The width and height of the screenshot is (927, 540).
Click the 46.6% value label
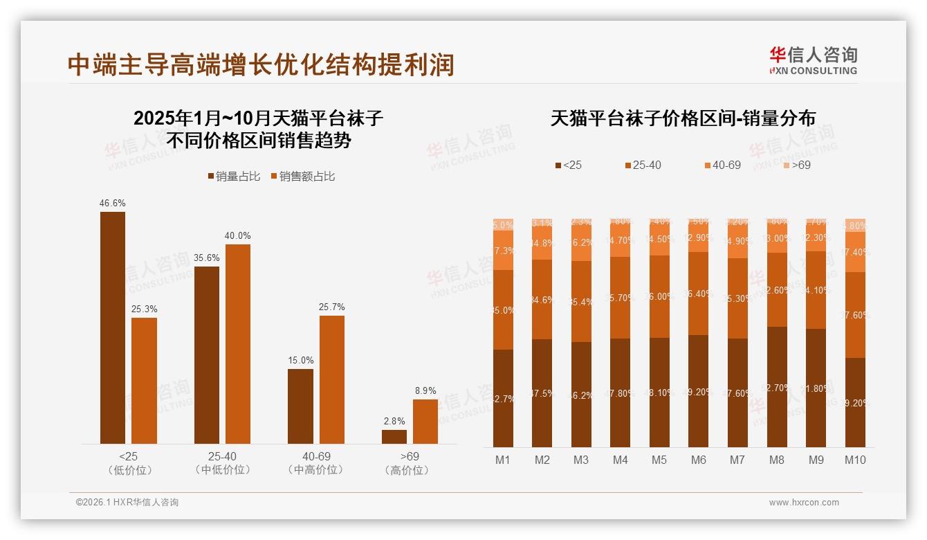coord(113,204)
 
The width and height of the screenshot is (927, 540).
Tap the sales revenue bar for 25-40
coord(238,344)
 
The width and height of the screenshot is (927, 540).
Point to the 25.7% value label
coord(332,307)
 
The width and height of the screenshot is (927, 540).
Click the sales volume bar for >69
coord(394,437)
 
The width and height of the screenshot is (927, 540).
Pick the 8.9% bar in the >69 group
coord(425,422)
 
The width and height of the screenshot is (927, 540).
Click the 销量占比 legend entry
coord(234,177)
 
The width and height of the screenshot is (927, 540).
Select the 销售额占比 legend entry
coord(302,177)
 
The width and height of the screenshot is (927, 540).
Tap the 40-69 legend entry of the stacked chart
coord(722,165)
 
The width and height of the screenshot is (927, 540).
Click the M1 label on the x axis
coord(503,460)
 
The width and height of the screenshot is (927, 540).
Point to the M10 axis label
coord(855,460)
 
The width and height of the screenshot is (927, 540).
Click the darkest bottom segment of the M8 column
coord(778,387)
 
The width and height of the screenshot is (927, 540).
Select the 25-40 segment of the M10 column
coord(856,315)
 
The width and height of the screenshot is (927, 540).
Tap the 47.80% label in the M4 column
coord(621,393)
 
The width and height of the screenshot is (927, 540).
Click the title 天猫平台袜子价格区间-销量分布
coord(683,118)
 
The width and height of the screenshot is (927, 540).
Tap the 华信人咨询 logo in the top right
coord(813,60)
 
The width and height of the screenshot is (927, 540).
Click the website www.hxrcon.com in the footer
coord(804,503)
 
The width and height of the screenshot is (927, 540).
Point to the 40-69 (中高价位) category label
coord(316,463)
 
